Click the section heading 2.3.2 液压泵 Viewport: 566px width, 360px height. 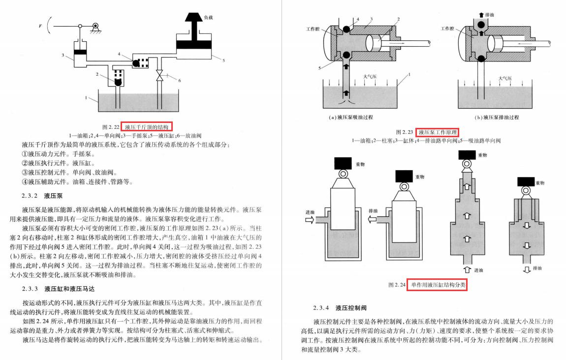point(45,195)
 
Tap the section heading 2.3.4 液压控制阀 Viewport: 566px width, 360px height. point(340,308)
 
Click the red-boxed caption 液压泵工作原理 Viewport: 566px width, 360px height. point(437,132)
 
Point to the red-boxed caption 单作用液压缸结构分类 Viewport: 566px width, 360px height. point(437,285)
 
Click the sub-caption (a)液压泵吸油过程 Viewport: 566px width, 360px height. point(351,118)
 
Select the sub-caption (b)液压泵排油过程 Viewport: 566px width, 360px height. point(497,118)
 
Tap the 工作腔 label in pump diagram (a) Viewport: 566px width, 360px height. point(313,30)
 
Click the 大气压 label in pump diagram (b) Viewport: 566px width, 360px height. point(504,78)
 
